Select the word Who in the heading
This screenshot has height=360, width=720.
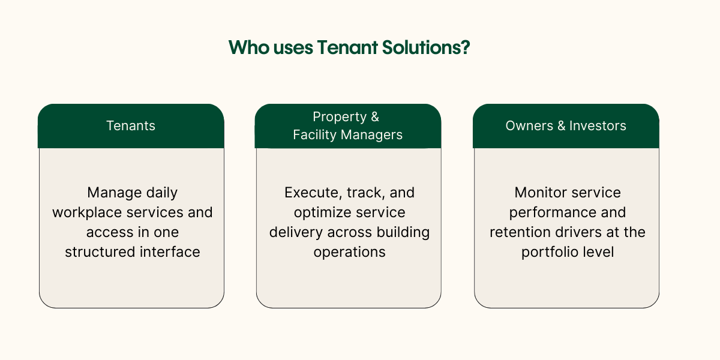[246, 48]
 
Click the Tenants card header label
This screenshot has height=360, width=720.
[131, 126]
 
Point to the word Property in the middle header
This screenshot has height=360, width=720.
[340, 117]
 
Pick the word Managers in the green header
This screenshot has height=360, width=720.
[372, 135]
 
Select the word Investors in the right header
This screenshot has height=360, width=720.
[598, 126]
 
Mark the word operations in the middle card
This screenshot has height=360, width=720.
[349, 251]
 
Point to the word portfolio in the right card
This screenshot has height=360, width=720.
[548, 251]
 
